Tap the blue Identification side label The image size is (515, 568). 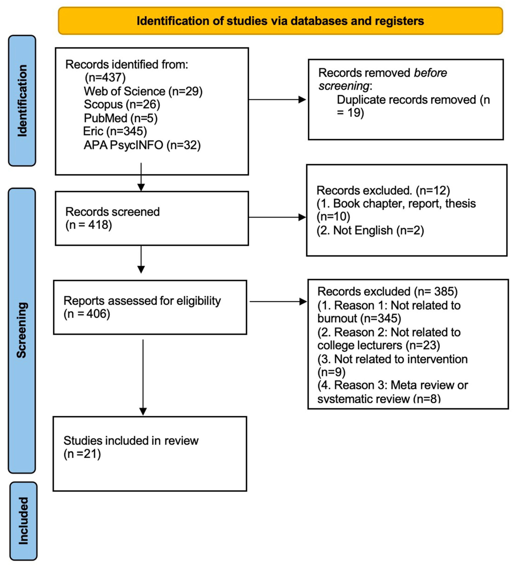(x=22, y=101)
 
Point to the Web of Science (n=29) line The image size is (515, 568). (x=143, y=91)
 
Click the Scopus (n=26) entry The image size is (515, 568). (x=122, y=105)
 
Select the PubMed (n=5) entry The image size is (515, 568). (x=120, y=118)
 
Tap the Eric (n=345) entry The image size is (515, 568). (x=115, y=131)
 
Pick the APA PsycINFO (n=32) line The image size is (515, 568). (x=142, y=145)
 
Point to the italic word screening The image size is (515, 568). (x=343, y=86)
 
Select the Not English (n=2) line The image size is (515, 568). (x=370, y=230)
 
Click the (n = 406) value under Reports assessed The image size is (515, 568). (x=87, y=314)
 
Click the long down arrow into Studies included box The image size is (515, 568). (x=143, y=378)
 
